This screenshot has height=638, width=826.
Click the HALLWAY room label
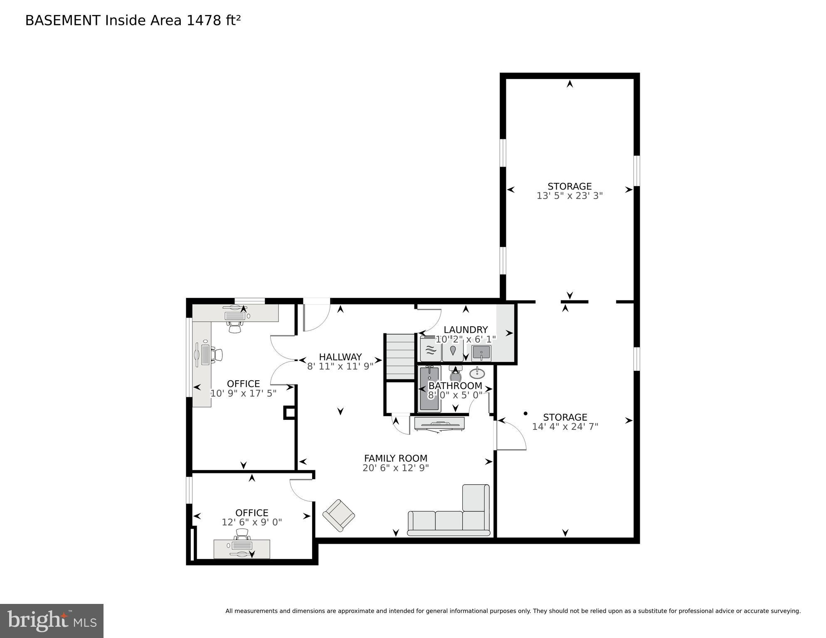tap(340, 357)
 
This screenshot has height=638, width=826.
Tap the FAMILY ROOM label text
tap(395, 458)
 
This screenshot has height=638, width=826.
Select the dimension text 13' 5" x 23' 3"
tap(569, 196)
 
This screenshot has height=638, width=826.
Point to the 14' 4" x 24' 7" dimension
tap(565, 427)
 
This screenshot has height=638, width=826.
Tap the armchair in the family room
tap(339, 515)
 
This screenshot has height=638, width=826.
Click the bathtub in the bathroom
tap(429, 389)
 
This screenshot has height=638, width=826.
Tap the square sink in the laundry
tap(481, 353)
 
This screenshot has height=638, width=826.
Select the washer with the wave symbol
tap(431, 350)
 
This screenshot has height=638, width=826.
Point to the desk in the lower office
tap(242, 549)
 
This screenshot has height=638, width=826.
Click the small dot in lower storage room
tap(525, 414)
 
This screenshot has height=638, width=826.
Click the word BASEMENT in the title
tap(63, 20)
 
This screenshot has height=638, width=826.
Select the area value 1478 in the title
tap(204, 20)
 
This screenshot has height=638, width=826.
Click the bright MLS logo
tap(52, 621)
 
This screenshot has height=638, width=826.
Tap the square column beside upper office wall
tap(289, 413)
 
